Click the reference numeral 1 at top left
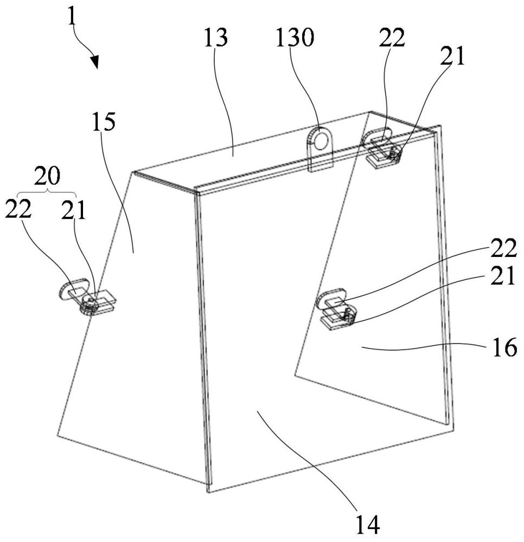71,17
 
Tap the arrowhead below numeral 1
95,61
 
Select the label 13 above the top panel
216,37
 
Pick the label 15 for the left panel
104,121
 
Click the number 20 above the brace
47,176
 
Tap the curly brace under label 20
47,192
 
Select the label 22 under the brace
18,209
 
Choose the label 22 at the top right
392,37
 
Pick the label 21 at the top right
452,56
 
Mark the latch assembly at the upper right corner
381,147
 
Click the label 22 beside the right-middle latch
503,248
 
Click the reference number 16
504,347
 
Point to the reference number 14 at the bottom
368,525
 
